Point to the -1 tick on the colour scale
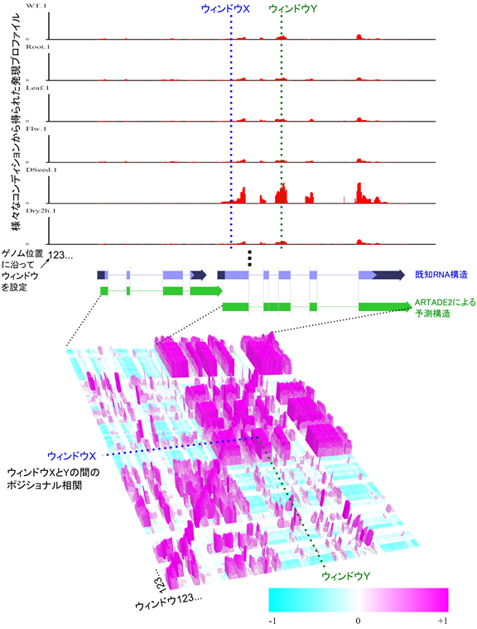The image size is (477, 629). (273, 618)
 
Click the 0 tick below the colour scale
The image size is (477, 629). (359, 618)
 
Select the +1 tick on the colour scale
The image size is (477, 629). (442, 618)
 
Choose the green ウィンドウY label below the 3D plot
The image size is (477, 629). (344, 575)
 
